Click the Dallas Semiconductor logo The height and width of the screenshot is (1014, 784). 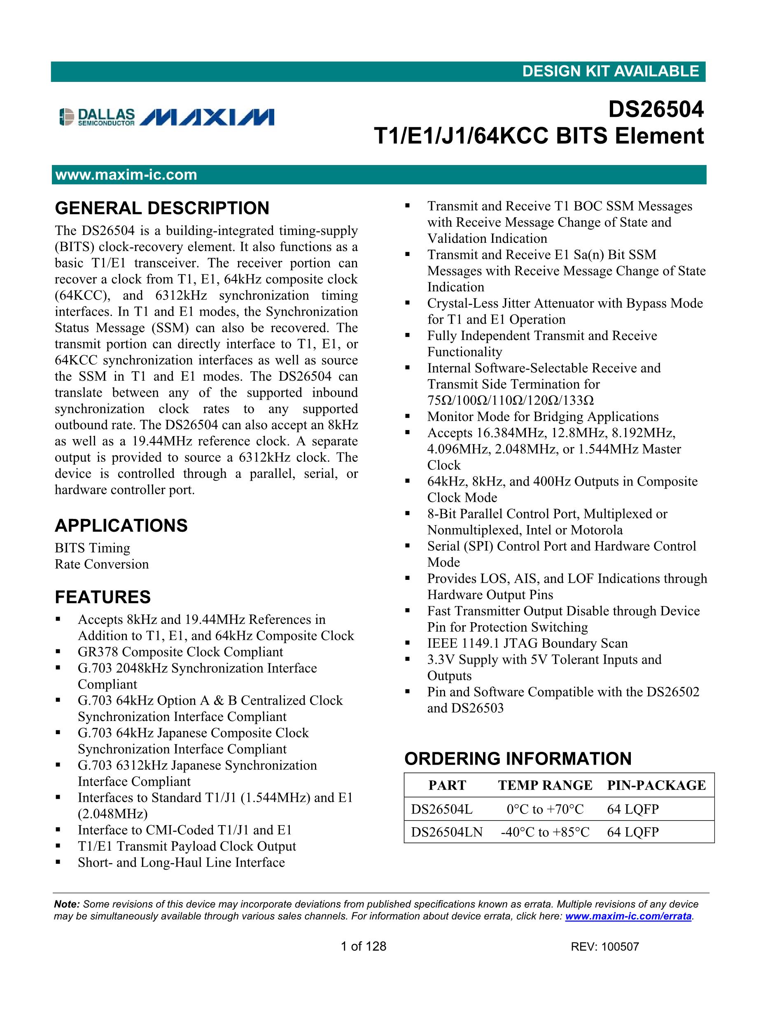click(x=97, y=116)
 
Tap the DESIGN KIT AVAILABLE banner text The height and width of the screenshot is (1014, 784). click(x=610, y=71)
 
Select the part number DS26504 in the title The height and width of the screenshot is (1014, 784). click(x=656, y=109)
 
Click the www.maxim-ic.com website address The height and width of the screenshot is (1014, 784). click(x=126, y=174)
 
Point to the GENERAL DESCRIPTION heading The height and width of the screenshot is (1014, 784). click(x=162, y=208)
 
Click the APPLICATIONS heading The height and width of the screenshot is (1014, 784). click(x=121, y=526)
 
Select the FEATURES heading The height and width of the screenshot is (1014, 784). click(x=103, y=597)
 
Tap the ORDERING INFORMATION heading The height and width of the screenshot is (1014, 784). click(x=518, y=758)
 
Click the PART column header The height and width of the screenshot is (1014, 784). click(x=447, y=785)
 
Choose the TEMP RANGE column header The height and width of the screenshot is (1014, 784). click(x=545, y=785)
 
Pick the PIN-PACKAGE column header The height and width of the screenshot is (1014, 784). click(x=656, y=785)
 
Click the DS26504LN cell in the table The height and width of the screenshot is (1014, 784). click(x=447, y=832)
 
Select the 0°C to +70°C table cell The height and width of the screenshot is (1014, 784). click(x=545, y=809)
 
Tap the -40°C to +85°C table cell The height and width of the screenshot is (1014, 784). click(x=545, y=832)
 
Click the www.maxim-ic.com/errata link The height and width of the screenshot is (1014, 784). click(x=628, y=916)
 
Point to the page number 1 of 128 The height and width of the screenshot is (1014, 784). click(x=363, y=947)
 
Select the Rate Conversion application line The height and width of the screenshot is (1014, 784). click(x=102, y=564)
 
